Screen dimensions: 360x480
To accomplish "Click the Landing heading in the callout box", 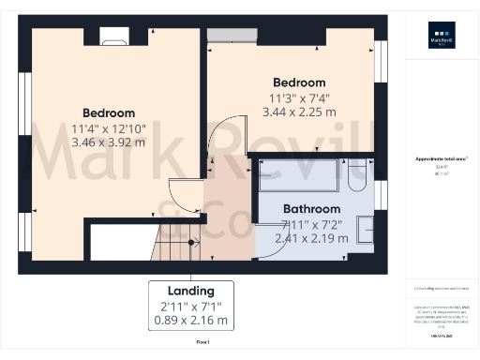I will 191,291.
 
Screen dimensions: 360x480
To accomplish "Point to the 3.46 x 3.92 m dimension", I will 108,143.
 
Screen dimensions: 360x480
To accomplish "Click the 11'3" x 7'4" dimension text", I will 298,97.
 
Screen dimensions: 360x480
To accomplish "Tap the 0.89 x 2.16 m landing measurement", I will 191,322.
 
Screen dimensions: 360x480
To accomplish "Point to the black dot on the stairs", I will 192,242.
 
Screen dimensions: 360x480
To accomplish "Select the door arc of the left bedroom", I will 186,191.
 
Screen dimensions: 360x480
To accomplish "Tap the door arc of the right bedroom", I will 221,141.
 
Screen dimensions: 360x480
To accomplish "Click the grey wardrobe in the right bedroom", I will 229,35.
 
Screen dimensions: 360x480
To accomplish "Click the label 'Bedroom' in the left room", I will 108,113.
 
